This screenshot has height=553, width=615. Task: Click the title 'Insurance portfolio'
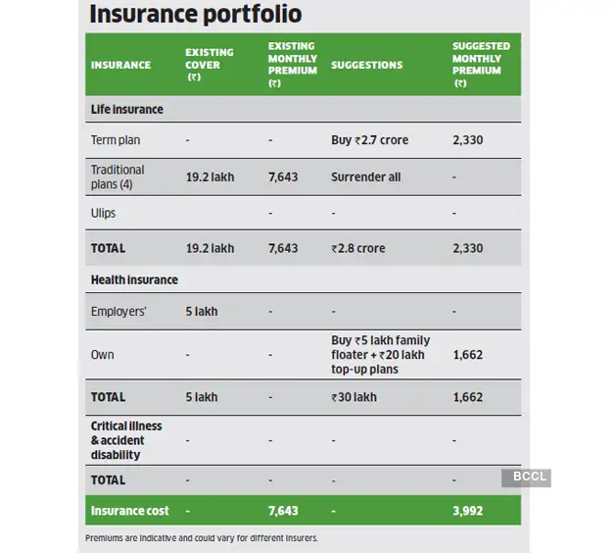(x=196, y=15)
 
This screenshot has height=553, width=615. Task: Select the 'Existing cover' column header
(x=209, y=64)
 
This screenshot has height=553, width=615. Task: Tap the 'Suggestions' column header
(x=366, y=65)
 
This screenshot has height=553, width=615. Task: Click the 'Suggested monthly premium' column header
(x=481, y=65)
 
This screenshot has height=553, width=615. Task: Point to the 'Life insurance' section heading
(x=127, y=109)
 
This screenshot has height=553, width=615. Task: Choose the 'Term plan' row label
(x=116, y=140)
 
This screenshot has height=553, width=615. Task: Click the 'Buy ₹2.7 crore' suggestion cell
(x=369, y=140)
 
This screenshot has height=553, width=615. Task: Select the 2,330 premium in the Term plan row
(x=467, y=140)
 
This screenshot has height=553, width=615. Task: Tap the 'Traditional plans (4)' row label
(x=118, y=176)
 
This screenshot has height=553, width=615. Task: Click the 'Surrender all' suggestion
(x=365, y=177)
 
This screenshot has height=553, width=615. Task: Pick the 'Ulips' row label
(x=103, y=213)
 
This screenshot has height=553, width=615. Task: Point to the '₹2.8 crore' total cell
(x=357, y=248)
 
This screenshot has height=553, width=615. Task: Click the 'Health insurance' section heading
(x=134, y=279)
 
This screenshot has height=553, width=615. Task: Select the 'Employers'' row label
(x=119, y=311)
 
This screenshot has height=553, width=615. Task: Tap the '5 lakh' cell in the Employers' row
(x=202, y=311)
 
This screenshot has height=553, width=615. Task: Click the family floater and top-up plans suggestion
(x=380, y=354)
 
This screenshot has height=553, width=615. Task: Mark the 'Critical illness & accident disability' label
(x=126, y=440)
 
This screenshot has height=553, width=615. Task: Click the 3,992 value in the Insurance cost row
(x=467, y=511)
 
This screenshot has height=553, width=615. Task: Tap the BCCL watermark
(x=526, y=478)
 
